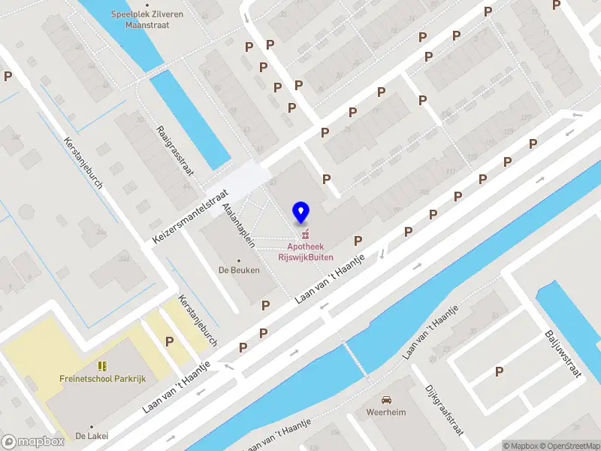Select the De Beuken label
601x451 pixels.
pyautogui.click(x=239, y=270)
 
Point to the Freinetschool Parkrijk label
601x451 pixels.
pyautogui.click(x=102, y=379)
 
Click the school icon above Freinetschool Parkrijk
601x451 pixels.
pyautogui.click(x=102, y=366)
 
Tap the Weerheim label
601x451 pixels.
pyautogui.click(x=386, y=412)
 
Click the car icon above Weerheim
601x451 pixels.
pyautogui.click(x=386, y=399)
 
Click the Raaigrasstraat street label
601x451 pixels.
pyautogui.click(x=174, y=150)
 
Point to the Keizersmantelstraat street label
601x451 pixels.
pyautogui.click(x=189, y=215)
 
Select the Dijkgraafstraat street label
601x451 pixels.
pyautogui.click(x=443, y=410)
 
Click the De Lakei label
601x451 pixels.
pyautogui.click(x=92, y=436)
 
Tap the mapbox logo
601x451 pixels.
pyautogui.click(x=32, y=442)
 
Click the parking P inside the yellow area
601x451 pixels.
pyautogui.click(x=170, y=341)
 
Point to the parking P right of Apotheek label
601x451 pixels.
pyautogui.click(x=358, y=241)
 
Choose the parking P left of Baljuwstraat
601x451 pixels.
pyautogui.click(x=499, y=371)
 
